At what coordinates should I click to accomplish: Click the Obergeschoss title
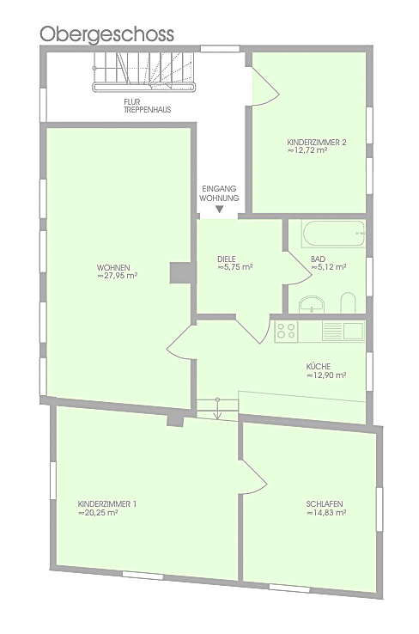[106, 34]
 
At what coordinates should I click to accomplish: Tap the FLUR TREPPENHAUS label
[147, 106]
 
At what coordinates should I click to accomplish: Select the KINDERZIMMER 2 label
[316, 143]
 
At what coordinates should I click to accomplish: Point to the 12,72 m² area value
[307, 150]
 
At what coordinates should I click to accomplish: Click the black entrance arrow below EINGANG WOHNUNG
[220, 210]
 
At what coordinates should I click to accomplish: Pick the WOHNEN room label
[113, 268]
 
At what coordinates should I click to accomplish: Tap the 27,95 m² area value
[117, 276]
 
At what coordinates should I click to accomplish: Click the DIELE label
[227, 259]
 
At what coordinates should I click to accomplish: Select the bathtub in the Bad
[333, 234]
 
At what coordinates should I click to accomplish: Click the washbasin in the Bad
[312, 304]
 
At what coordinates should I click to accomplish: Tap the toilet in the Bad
[348, 303]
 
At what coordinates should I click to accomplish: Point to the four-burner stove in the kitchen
[286, 331]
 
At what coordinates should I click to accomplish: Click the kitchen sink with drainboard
[343, 331]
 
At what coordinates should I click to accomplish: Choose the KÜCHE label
[318, 367]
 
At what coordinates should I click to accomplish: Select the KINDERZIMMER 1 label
[107, 504]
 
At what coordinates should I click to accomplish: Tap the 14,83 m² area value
[326, 513]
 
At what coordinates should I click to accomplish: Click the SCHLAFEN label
[325, 504]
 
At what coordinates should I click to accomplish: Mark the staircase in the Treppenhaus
[144, 72]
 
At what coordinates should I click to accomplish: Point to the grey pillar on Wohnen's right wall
[180, 273]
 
